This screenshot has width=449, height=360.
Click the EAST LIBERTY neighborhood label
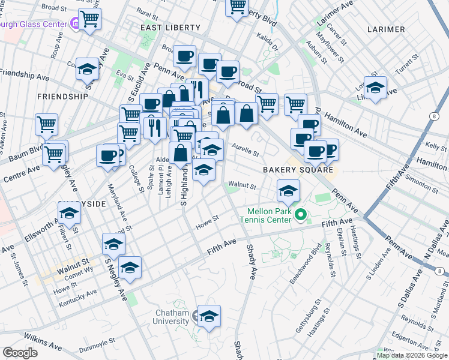click(165, 28)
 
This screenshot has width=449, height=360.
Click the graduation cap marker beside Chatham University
click(209, 316)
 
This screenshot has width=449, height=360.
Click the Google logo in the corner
click(20, 353)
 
